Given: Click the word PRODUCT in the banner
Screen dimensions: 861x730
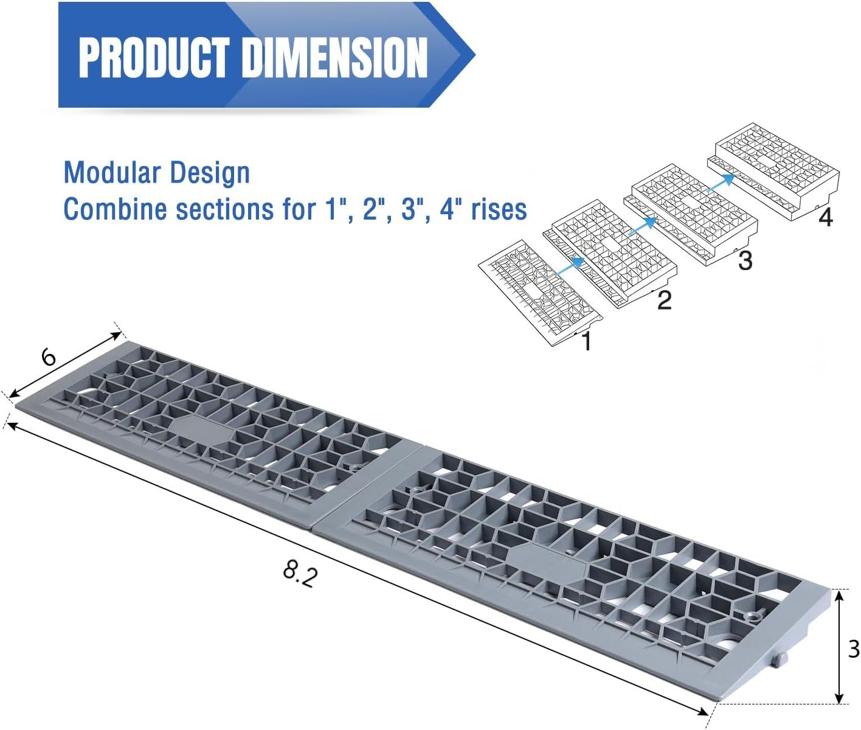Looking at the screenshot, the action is [154, 57].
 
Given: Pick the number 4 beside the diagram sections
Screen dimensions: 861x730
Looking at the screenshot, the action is [825, 218].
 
